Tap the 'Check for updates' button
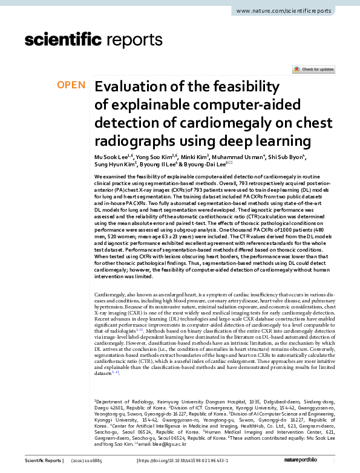313,70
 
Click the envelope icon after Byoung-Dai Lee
229,163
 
